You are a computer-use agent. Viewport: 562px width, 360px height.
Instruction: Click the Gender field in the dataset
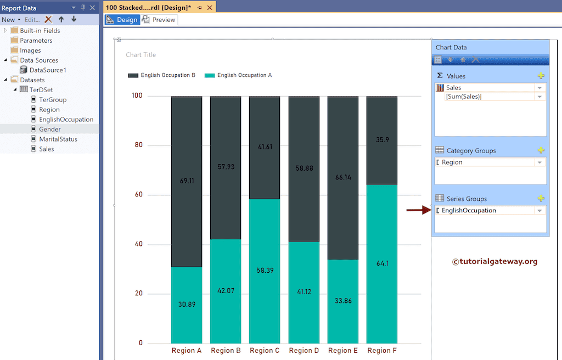(49, 130)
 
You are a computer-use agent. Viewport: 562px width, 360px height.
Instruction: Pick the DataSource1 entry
(48, 70)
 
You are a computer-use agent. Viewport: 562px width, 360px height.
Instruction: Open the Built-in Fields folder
(40, 31)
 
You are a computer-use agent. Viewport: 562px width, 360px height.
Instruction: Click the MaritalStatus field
(58, 139)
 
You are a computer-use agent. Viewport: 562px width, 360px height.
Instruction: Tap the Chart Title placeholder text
(141, 55)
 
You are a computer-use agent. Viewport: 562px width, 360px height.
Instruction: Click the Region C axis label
(265, 351)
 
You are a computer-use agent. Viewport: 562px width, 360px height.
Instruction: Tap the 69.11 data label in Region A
(187, 180)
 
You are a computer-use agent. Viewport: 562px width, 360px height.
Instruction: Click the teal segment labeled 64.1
(382, 263)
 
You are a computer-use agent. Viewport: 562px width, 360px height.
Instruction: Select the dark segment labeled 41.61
(265, 147)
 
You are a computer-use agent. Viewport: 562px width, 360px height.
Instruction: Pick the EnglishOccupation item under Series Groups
(469, 211)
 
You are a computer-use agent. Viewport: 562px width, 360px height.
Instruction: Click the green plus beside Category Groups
(541, 150)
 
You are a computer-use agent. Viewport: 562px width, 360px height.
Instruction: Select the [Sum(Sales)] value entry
(464, 97)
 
